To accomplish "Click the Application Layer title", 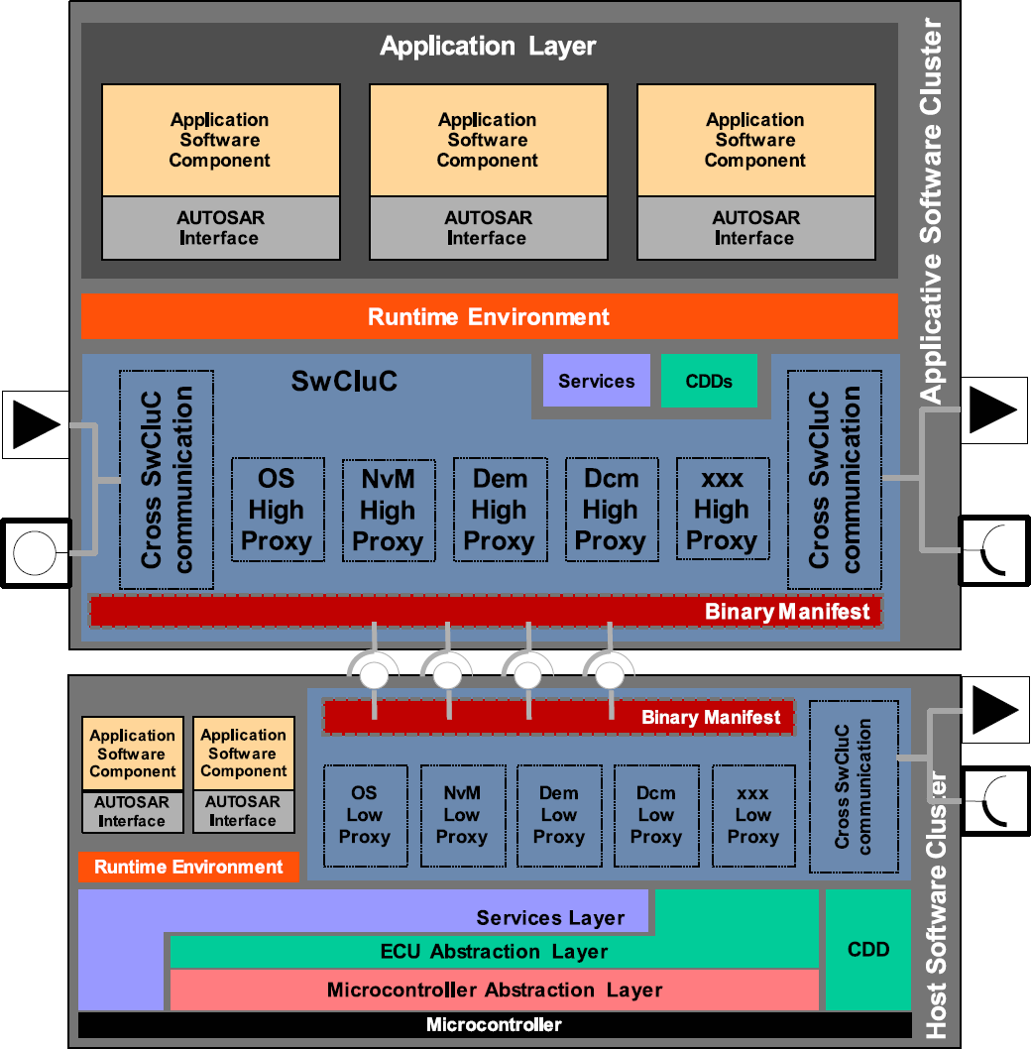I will [x=488, y=47].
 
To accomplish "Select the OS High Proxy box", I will [x=277, y=510].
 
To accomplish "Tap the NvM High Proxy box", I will [x=388, y=510].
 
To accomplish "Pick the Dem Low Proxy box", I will [x=558, y=815].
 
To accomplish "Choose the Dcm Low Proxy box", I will [x=655, y=815].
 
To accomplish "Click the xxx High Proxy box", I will [x=721, y=510].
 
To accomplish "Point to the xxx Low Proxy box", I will [x=752, y=815].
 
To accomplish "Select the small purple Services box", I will [x=596, y=381].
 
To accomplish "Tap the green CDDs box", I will [x=709, y=381].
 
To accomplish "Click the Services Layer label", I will [x=550, y=918].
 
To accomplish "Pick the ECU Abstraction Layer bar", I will [x=494, y=952].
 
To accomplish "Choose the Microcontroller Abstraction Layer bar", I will [x=494, y=990].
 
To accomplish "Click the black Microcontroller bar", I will [x=494, y=1024].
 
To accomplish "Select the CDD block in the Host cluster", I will [x=867, y=949].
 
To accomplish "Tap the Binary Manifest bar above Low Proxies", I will [x=558, y=717].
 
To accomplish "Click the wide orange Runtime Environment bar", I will [x=489, y=316].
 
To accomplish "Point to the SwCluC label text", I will [x=344, y=381].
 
